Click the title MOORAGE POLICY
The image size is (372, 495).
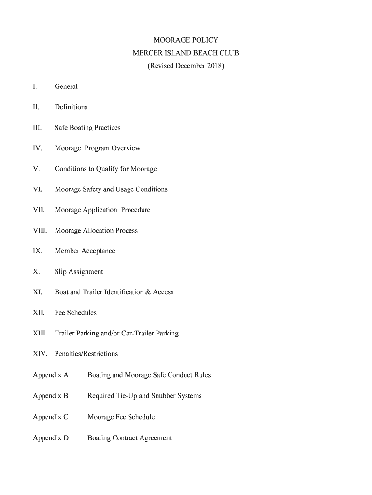(x=186, y=40)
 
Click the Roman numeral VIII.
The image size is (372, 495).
(x=40, y=231)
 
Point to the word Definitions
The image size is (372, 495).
(x=71, y=107)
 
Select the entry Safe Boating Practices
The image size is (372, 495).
(x=87, y=128)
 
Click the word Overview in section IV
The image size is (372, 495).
(x=126, y=148)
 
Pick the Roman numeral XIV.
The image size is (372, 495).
(x=40, y=354)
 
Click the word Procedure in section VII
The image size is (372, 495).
(x=136, y=210)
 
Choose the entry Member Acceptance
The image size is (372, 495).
(x=85, y=251)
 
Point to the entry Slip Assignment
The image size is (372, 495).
(x=79, y=272)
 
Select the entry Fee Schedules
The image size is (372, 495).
(x=75, y=313)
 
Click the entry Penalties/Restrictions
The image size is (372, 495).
(x=86, y=354)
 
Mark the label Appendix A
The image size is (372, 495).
(x=51, y=375)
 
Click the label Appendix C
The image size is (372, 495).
(x=51, y=417)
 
